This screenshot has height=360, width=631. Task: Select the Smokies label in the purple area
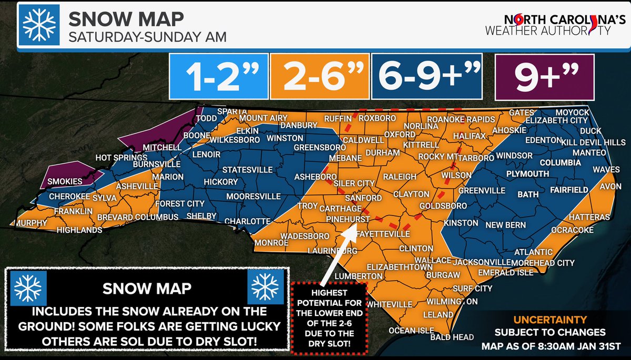coord(65,181)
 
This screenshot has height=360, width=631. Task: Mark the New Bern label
coord(503,225)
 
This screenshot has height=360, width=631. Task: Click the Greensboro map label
coord(315,147)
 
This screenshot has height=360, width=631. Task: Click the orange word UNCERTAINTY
coord(546,319)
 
